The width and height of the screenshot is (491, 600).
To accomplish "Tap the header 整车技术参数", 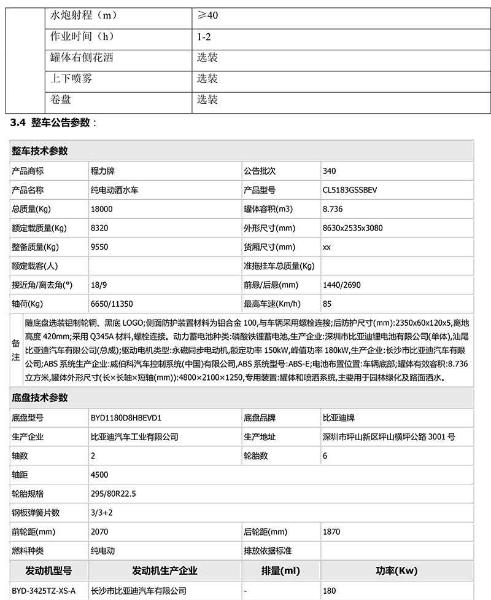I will tap(39, 151).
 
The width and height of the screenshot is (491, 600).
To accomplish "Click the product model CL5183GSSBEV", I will tap(350, 190).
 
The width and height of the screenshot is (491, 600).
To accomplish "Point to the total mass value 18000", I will tap(101, 209).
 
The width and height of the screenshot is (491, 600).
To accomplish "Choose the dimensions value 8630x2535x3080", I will tap(352, 228).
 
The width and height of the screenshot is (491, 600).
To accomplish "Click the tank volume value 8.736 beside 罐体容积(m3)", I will tap(333, 209).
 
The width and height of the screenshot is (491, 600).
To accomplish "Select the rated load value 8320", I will tap(99, 228).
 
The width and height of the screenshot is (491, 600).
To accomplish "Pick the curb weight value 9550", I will tap(99, 247).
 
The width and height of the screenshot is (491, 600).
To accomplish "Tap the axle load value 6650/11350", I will tap(112, 304).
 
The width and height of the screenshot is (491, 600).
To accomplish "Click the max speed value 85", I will tap(327, 304).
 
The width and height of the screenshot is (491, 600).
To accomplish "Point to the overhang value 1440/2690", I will tap(340, 285).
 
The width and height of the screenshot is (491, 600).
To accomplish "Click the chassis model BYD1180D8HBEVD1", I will tap(125, 418).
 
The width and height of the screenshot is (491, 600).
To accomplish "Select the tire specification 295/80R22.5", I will tap(114, 494).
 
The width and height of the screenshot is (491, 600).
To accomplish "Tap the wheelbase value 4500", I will tap(99, 475).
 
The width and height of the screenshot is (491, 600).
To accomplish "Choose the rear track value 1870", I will tap(331, 532).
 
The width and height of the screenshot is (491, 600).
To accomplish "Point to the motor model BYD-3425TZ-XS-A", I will tap(44, 591).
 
